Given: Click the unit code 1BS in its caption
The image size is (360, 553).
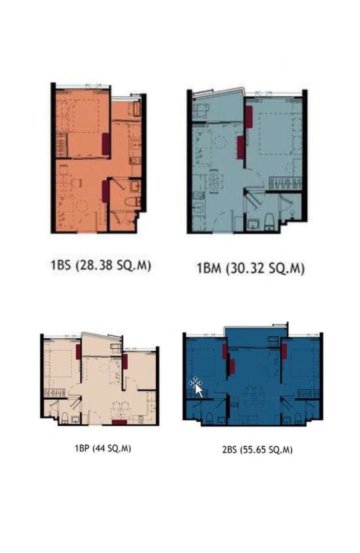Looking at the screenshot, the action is pos(61,265).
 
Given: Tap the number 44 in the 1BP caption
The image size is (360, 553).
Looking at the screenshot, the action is pos(101,448).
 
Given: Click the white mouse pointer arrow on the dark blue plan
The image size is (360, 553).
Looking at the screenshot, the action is pos(198,391).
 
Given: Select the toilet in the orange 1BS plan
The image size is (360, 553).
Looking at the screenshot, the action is pos(133,201).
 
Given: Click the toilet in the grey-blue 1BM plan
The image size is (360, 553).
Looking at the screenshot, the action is pos(268,221).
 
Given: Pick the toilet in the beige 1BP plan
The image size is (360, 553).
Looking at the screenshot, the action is pos(65,418).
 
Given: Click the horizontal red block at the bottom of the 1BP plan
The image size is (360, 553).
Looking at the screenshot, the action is pos(119,422).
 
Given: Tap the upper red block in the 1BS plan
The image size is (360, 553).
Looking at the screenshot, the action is pos(106,144).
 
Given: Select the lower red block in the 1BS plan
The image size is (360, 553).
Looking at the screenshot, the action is pos(105,191).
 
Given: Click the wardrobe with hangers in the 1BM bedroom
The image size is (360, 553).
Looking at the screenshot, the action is pos(285,184).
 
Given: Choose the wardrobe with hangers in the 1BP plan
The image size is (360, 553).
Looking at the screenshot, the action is pos(54,393).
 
